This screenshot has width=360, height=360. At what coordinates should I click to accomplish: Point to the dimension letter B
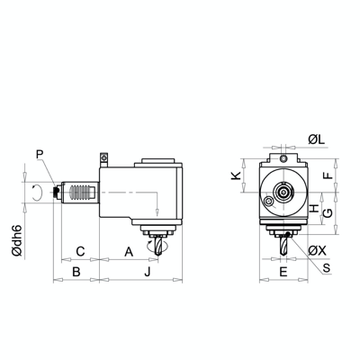click(x=76, y=270)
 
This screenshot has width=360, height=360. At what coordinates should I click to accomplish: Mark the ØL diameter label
click(x=316, y=139)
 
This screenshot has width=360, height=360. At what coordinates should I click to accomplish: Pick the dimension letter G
click(x=328, y=212)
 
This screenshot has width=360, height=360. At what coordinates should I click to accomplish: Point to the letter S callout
click(x=326, y=267)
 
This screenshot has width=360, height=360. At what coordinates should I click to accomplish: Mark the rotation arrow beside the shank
click(x=35, y=193)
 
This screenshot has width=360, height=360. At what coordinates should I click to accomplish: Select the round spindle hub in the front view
click(x=283, y=193)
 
